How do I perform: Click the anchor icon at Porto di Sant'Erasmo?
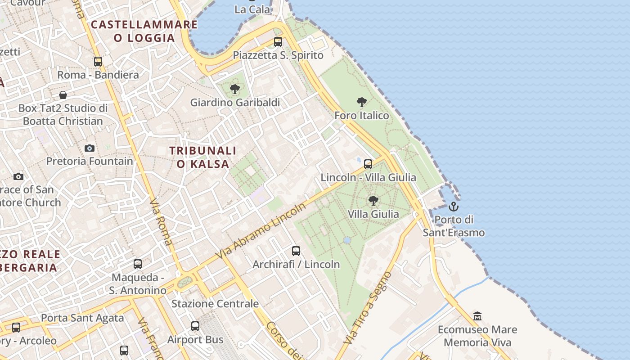pos(454,207)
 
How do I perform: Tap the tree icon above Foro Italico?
pos(361,102)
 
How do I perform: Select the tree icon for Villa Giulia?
pos(373,201)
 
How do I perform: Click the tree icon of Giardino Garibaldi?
pos(234,89)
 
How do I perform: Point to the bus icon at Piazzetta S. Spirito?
pos(278,42)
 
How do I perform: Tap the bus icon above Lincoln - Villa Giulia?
pos(368,164)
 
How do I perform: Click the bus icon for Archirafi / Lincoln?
pos(296,251)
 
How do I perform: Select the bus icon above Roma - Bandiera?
pos(98,62)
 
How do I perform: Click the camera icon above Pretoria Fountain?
pos(90,148)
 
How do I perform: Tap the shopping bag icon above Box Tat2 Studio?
pos(63,95)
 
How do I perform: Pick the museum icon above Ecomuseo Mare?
pos(477,316)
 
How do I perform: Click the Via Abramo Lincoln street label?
pos(261,230)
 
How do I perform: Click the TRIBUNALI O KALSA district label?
pos(203,157)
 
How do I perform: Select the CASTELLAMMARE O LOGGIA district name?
pos(144,31)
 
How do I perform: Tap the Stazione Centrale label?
pos(215,304)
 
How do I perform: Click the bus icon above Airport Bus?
pos(195,326)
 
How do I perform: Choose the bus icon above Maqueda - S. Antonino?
pos(138,264)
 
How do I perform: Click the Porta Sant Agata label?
pos(82,318)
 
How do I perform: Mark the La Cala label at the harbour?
pos(253,9)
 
